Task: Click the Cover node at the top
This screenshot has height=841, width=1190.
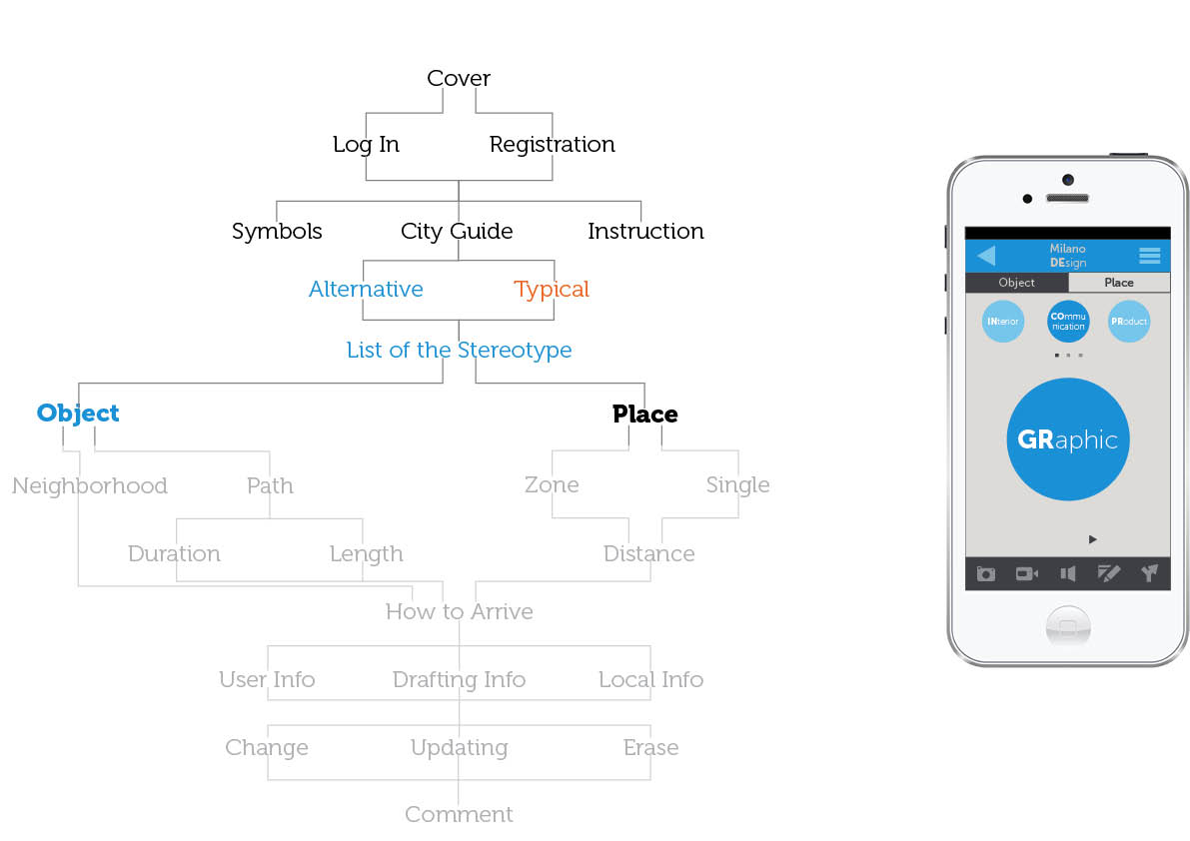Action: point(459,78)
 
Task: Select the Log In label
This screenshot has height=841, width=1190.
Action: point(366,144)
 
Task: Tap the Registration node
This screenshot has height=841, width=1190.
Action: point(552,144)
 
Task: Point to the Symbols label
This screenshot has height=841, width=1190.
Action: point(277,231)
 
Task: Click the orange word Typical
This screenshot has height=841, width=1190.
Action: point(552,289)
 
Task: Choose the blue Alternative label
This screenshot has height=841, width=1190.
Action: point(366,289)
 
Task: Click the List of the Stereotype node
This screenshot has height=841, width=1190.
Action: point(459,350)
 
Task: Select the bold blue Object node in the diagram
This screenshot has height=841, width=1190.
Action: point(78,413)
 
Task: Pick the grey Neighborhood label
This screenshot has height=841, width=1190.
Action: point(89,485)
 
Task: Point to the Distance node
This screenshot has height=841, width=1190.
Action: point(648,553)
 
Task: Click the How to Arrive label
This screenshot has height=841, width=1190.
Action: point(459,611)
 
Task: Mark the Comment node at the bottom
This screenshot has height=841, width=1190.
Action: point(459,814)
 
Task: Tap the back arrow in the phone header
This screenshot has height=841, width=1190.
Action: point(986,256)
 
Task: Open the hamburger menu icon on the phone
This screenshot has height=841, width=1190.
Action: point(1149,256)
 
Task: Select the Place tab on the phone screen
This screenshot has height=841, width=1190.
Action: point(1119,283)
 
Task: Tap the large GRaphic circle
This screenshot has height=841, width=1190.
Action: point(1067,439)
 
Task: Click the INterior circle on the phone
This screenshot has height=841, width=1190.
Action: point(1003,322)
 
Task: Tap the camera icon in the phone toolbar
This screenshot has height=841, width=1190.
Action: point(986,573)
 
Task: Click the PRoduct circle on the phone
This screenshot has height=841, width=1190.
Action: point(1129,322)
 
